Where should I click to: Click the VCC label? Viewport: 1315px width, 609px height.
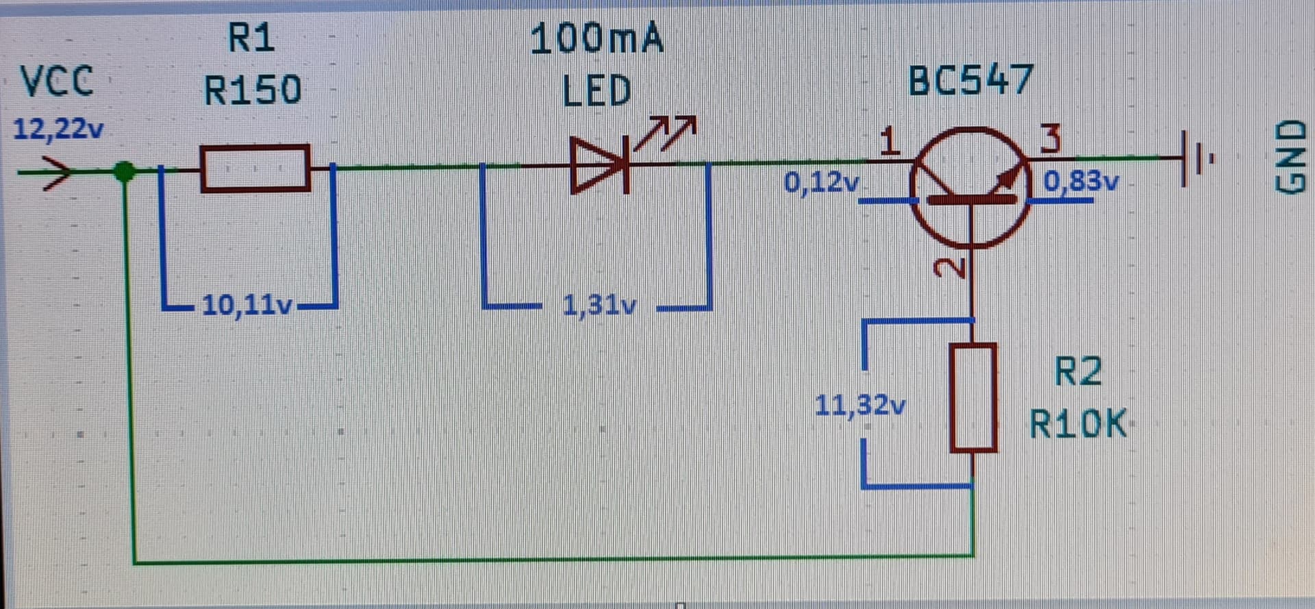(x=56, y=82)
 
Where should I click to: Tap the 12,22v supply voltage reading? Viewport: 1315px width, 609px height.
(x=58, y=129)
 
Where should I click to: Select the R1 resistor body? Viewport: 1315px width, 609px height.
(x=255, y=168)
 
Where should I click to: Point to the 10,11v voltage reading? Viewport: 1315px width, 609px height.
(x=247, y=305)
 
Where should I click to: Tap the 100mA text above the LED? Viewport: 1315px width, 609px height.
(x=597, y=39)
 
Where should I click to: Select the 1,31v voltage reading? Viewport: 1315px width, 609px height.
(x=599, y=305)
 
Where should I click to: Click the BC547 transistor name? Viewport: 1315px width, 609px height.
(x=970, y=81)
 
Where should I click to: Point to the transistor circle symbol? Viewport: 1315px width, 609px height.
(x=970, y=186)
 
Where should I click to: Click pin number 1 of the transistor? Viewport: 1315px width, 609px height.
(x=889, y=142)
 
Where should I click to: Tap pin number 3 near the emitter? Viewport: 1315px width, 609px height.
(x=1050, y=139)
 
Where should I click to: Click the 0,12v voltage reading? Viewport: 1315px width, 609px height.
(x=821, y=182)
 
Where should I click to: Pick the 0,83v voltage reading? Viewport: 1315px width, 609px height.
(x=1081, y=182)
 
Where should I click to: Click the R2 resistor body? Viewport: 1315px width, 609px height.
(x=973, y=397)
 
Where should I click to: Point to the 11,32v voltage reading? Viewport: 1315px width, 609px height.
(x=860, y=406)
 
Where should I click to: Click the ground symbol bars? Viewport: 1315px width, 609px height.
(x=1196, y=159)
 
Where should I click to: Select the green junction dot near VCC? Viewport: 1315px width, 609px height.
(x=124, y=171)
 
